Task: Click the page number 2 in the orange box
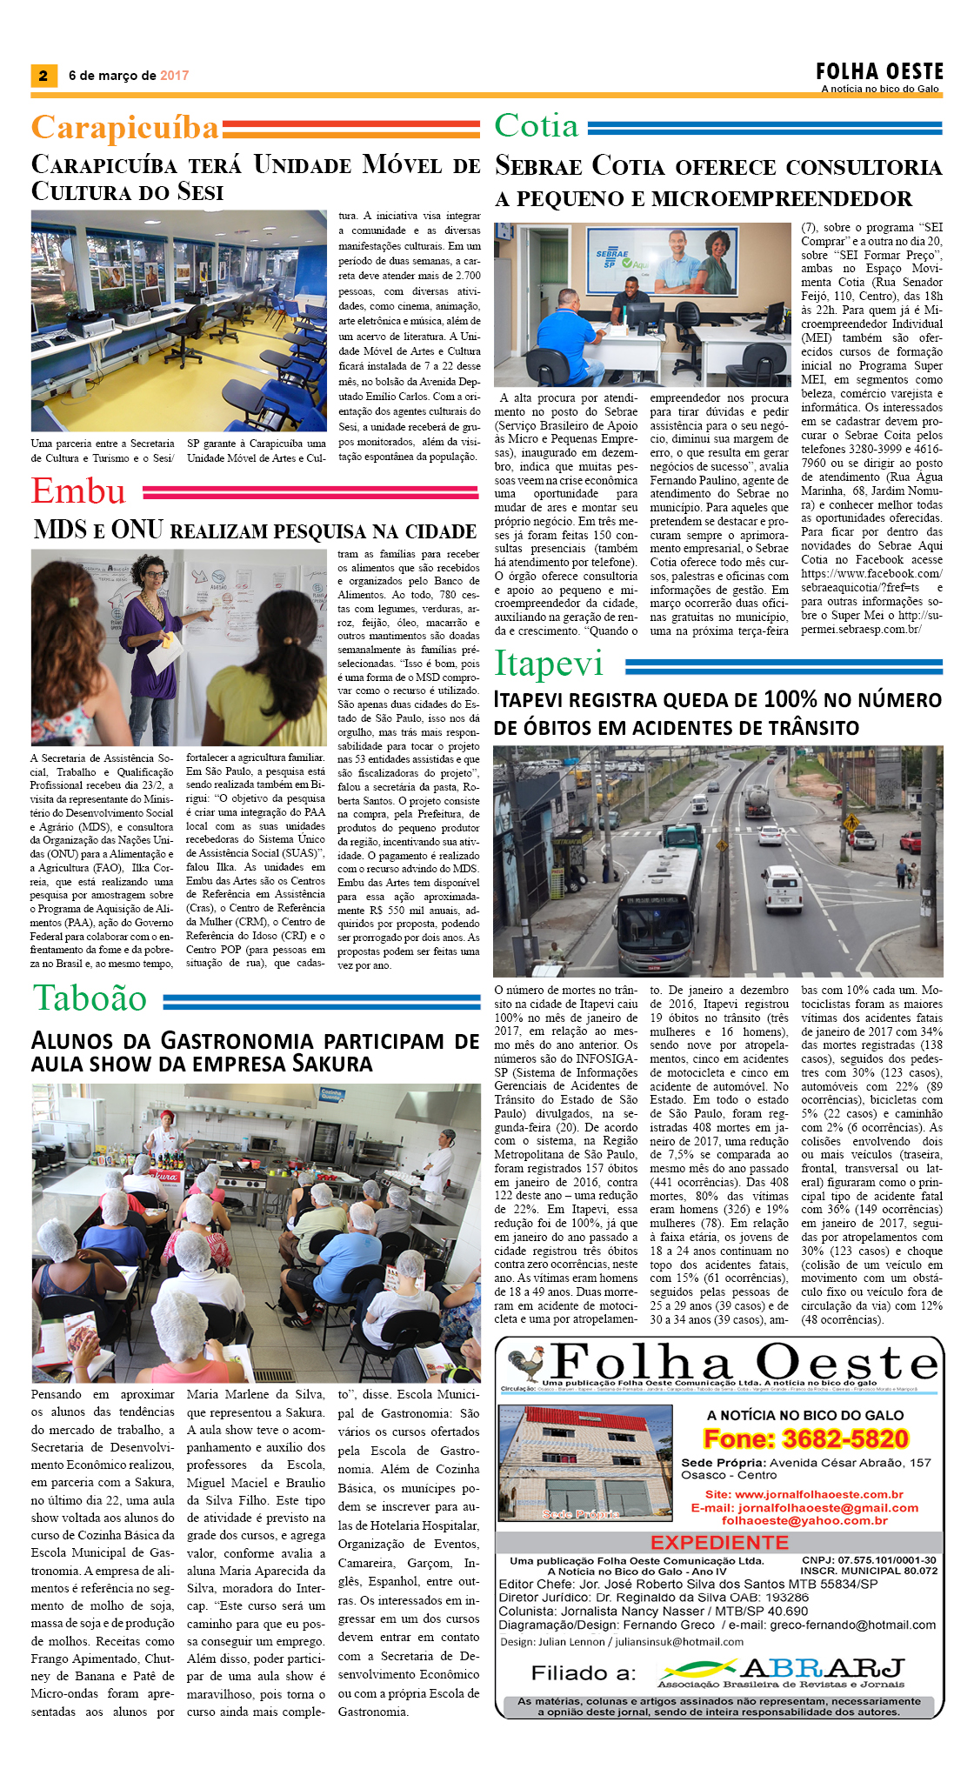tap(43, 76)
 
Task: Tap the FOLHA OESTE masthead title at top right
tap(879, 71)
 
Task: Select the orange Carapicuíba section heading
tap(124, 128)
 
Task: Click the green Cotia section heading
tap(537, 126)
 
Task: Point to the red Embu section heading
tap(78, 491)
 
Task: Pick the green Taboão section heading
tap(90, 998)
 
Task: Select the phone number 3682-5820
tap(845, 1439)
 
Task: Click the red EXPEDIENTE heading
tap(719, 1542)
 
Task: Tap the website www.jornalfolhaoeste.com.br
tap(819, 1494)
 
